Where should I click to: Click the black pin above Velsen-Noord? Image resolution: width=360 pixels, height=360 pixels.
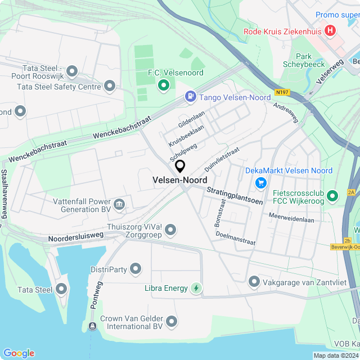click(x=180, y=166)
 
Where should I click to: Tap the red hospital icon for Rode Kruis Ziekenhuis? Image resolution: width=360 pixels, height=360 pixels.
click(x=331, y=30)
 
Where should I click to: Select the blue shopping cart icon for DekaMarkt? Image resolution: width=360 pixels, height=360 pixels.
click(x=260, y=183)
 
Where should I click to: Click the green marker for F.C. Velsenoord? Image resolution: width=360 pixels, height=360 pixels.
click(x=164, y=85)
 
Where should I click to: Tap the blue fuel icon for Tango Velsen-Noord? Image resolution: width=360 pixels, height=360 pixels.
click(x=191, y=97)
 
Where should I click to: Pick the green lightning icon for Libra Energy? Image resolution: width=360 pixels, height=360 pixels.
click(x=196, y=288)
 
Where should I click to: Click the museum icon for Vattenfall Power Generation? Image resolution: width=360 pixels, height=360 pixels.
click(x=119, y=204)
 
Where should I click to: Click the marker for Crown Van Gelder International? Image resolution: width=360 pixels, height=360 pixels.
click(x=172, y=321)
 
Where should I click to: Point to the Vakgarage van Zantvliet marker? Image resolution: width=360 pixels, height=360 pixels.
click(x=254, y=281)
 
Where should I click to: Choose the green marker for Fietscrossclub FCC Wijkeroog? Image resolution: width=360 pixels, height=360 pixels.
click(x=332, y=196)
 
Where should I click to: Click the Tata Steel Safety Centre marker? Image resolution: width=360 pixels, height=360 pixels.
click(x=110, y=86)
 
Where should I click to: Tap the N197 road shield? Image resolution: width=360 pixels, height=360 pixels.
click(x=282, y=92)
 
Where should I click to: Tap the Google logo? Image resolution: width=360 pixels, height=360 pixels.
click(x=19, y=353)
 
